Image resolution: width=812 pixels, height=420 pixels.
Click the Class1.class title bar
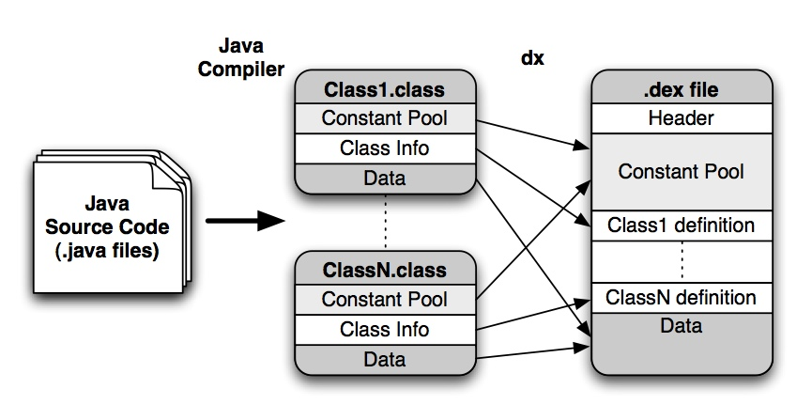(x=385, y=90)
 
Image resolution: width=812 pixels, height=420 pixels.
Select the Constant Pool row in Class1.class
(x=385, y=118)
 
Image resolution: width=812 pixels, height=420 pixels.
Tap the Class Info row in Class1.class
(x=385, y=148)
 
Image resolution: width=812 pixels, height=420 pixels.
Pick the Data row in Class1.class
(x=385, y=178)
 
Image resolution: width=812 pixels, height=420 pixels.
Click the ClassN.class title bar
(x=385, y=271)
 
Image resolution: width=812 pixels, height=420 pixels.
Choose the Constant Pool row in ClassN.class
(x=385, y=300)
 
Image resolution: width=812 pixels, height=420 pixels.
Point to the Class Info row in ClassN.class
(x=385, y=329)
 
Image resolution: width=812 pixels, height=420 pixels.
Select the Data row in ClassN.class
(x=385, y=359)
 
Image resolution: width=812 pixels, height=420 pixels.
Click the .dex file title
(x=681, y=90)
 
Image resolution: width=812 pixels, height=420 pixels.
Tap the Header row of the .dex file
(x=681, y=118)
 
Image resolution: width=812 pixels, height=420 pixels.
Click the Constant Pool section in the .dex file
(x=681, y=172)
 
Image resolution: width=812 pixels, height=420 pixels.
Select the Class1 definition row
(x=681, y=226)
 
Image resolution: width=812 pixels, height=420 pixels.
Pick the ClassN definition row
(x=681, y=298)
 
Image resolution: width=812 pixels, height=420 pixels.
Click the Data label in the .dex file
(x=681, y=326)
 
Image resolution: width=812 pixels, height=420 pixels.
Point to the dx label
(x=532, y=58)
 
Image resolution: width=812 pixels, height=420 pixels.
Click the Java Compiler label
(x=240, y=58)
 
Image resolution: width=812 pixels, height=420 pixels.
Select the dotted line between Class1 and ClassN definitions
(x=681, y=260)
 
